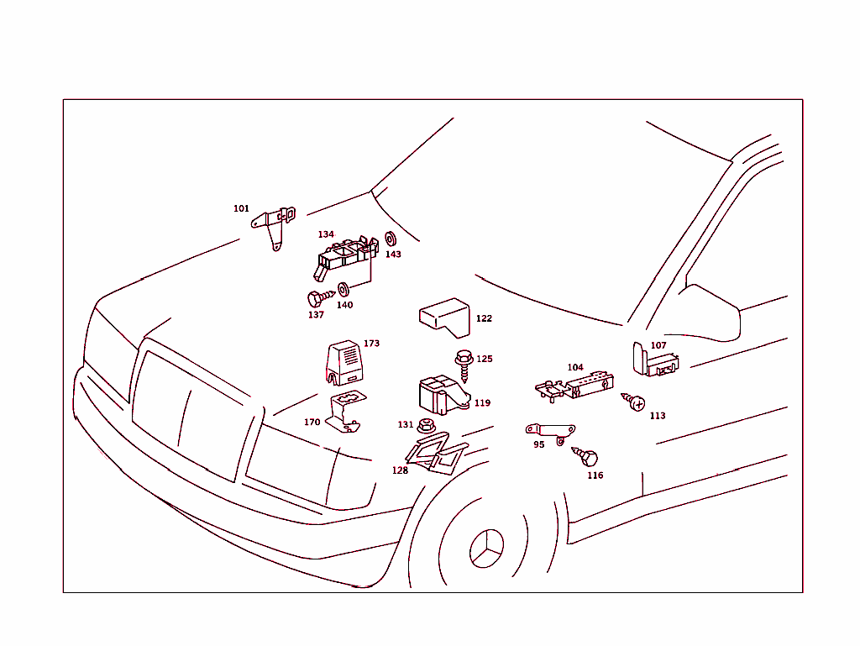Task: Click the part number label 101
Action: coord(241,208)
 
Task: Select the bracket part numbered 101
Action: coord(275,221)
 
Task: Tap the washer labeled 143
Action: coord(391,239)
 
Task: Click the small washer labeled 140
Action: coord(343,289)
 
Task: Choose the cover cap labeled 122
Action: coord(445,318)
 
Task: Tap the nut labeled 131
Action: coord(426,425)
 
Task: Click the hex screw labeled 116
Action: coord(585,455)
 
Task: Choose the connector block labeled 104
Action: coord(574,385)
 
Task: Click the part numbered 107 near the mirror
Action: coord(655,361)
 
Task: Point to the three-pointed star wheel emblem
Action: coord(486,549)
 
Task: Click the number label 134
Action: coord(326,234)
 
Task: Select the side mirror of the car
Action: coord(712,313)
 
